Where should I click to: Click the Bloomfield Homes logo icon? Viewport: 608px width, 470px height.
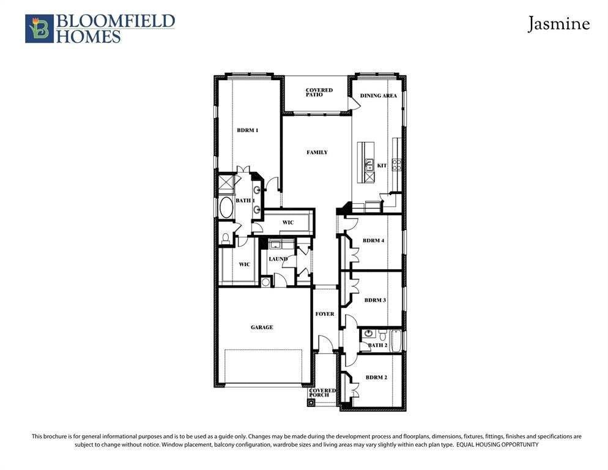(39, 29)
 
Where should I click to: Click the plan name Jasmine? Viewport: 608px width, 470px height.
(558, 24)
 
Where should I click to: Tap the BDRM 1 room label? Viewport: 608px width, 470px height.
(247, 130)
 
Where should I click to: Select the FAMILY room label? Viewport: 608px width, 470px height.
(317, 152)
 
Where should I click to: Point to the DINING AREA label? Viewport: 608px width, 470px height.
(379, 96)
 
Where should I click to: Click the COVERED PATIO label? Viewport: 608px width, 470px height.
(319, 92)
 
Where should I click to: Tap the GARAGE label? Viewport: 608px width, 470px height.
(262, 327)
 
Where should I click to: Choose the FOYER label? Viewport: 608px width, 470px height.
(325, 314)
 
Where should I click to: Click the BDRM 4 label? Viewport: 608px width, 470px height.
(373, 241)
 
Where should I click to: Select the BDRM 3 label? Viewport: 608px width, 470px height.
(375, 300)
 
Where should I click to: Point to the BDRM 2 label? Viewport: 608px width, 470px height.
(376, 377)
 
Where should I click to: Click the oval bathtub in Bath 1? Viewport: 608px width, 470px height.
(226, 207)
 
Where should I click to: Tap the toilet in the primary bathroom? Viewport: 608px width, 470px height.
(225, 238)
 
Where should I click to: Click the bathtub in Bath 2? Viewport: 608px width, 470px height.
(396, 340)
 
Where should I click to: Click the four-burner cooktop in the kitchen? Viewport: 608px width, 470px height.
(397, 165)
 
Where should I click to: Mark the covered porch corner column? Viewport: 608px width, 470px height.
(311, 402)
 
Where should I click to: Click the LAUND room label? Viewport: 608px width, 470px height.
(278, 259)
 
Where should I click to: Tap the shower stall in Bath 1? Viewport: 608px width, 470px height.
(226, 184)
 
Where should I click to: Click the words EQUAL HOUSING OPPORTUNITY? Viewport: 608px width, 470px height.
(497, 445)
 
